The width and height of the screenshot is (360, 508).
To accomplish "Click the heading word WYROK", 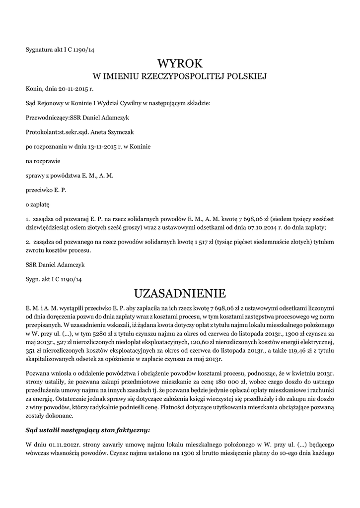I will [x=180, y=63].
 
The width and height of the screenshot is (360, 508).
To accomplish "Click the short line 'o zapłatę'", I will [x=38, y=204].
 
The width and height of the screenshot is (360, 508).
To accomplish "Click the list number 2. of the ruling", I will [x=28, y=242].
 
